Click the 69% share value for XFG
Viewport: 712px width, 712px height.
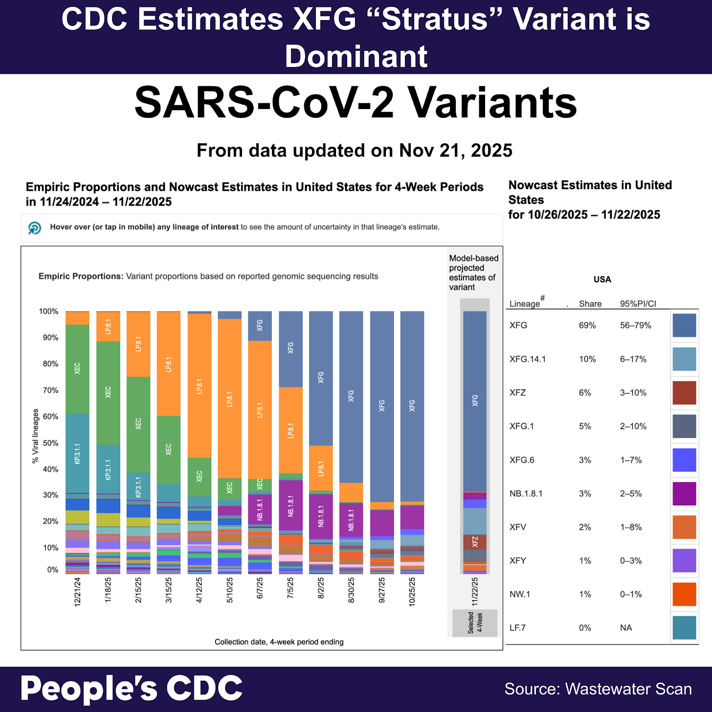[587, 326]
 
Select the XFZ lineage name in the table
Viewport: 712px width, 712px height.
[518, 393]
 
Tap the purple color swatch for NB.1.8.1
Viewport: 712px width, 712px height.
[684, 493]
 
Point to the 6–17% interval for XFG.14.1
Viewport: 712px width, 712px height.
[633, 359]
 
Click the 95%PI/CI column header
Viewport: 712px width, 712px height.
[638, 304]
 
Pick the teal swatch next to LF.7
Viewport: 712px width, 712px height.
[684, 628]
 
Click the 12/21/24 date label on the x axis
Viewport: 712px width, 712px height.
[77, 592]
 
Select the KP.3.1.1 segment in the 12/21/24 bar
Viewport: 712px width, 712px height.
[77, 453]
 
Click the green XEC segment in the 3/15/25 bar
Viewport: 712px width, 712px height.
[168, 449]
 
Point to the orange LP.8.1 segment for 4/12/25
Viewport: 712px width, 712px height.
[199, 386]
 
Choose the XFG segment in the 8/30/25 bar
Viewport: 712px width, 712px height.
[351, 396]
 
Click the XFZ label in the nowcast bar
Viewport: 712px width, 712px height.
[475, 542]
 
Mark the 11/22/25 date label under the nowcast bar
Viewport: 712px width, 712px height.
[475, 592]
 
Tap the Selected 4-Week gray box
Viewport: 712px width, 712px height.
[475, 623]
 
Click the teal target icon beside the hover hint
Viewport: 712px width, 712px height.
[35, 228]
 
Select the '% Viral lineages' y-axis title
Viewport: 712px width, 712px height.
[35, 436]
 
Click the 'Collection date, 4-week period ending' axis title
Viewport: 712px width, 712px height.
[279, 642]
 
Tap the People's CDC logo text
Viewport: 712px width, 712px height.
[131, 689]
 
